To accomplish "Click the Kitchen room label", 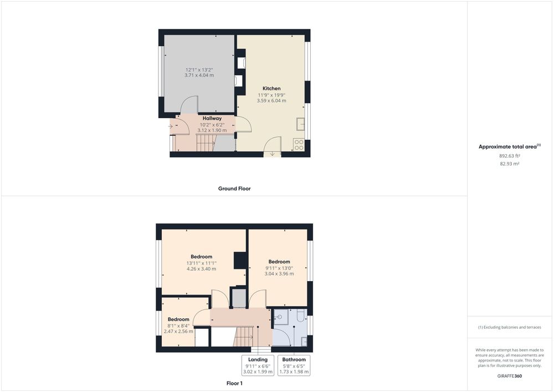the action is [x=271, y=88].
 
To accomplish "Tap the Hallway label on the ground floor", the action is [x=212, y=119].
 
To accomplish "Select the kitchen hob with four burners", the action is [x=299, y=145].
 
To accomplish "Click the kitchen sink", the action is [x=301, y=124].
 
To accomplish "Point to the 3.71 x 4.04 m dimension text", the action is [x=199, y=75].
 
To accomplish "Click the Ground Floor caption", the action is [x=234, y=189].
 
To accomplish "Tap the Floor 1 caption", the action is [x=234, y=383].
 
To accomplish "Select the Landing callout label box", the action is [x=258, y=365].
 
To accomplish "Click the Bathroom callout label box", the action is [x=294, y=365].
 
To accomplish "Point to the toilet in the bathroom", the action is [x=301, y=315].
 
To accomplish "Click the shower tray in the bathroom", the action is [x=281, y=317].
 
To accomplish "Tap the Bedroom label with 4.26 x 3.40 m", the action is [x=202, y=257].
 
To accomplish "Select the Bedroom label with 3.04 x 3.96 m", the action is [x=279, y=262].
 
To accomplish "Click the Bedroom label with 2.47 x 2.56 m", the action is [x=178, y=319].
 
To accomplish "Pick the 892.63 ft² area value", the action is [x=510, y=156].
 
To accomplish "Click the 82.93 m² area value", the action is [x=510, y=164].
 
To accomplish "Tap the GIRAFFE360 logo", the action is [x=510, y=376].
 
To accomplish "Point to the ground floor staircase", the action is [x=206, y=142].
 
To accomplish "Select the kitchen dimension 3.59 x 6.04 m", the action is [x=271, y=100].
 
